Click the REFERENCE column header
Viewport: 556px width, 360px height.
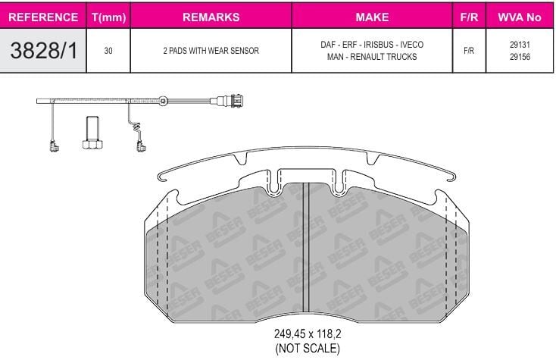(43, 17)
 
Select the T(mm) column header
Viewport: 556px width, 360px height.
(108, 17)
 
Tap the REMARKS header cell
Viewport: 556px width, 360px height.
(211, 17)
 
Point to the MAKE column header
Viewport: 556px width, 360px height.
(372, 17)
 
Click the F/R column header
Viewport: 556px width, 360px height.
(469, 17)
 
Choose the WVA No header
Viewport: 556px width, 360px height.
(520, 17)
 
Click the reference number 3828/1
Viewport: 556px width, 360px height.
(44, 50)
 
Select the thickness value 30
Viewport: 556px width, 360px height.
(108, 51)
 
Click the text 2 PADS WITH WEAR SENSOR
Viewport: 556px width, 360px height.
(211, 51)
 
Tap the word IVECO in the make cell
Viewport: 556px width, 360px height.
(411, 45)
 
